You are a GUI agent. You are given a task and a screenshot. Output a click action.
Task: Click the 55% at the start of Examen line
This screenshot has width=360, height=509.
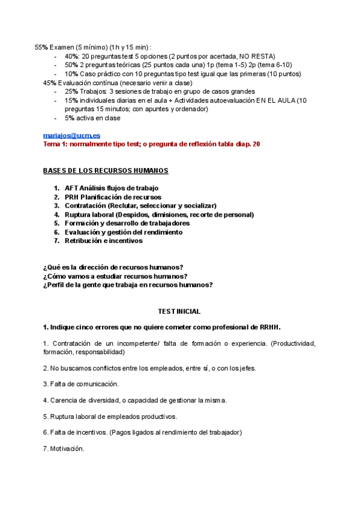[41, 47]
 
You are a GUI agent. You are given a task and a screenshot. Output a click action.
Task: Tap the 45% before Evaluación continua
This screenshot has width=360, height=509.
[50, 82]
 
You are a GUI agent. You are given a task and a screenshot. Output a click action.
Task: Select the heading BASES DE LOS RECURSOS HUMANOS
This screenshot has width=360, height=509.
[106, 171]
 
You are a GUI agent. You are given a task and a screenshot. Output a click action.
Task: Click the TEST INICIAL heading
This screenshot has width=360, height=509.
[179, 312]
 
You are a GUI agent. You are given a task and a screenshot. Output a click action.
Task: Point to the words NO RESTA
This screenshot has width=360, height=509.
[257, 56]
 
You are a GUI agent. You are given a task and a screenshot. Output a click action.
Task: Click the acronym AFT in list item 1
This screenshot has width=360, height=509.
[72, 188]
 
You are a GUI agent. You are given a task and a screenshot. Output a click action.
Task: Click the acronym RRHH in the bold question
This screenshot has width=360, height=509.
[270, 327]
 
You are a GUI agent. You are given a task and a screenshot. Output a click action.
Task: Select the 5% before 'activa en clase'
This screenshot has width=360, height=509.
[70, 118]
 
